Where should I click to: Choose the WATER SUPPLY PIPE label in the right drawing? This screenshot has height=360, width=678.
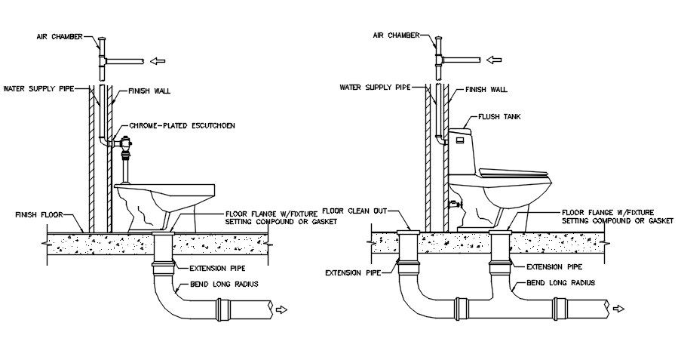pos(373,88)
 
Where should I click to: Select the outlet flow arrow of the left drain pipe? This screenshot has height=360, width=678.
pos(282,309)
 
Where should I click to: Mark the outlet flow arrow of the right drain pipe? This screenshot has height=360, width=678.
pos(620,309)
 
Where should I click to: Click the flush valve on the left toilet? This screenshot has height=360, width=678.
pos(127,143)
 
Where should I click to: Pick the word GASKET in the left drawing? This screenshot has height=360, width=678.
pos(320,221)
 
